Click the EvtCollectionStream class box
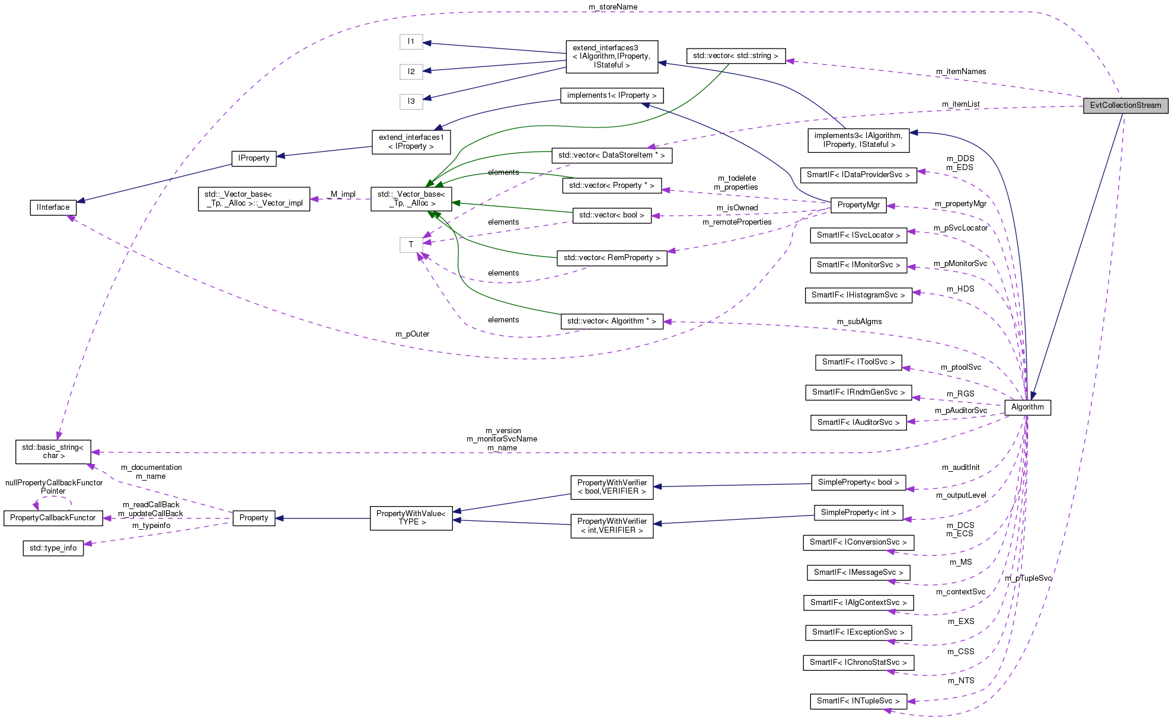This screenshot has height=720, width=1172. [x=1125, y=105]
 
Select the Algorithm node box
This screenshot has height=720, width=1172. [x=1027, y=407]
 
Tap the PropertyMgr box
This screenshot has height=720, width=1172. [x=858, y=205]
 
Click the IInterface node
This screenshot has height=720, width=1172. [x=53, y=207]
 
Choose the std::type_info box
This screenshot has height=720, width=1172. [x=53, y=548]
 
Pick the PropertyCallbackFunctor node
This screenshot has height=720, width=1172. [x=53, y=518]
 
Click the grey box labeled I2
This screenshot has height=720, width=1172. [x=411, y=72]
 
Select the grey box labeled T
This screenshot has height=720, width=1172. [x=411, y=244]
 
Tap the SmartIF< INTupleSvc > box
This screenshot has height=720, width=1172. [x=858, y=701]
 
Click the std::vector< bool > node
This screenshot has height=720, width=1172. [x=611, y=215]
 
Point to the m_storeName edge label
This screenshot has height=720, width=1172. [x=612, y=7]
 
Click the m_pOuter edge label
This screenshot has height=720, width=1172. [x=412, y=334]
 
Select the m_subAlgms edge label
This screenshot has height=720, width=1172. [x=859, y=322]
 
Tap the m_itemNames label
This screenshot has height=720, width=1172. [x=961, y=72]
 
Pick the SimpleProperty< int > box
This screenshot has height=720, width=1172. [x=858, y=513]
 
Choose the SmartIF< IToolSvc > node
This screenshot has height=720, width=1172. [x=858, y=362]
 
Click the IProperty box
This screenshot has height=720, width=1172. [x=254, y=158]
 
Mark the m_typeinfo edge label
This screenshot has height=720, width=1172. [x=151, y=526]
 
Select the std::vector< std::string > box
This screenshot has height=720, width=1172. [x=735, y=56]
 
